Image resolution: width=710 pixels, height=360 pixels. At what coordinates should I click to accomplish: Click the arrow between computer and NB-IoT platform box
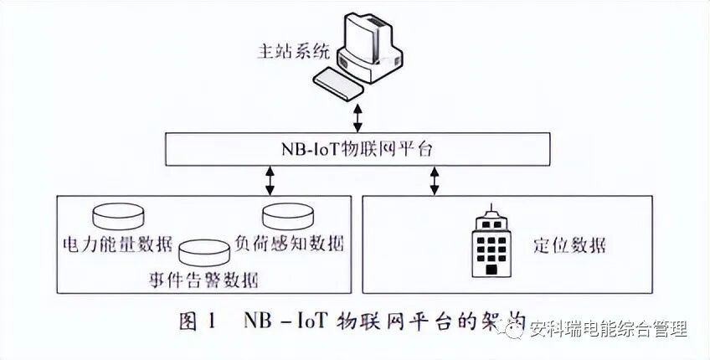(358, 118)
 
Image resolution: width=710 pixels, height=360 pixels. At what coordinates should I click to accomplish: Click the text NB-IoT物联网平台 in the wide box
(355, 150)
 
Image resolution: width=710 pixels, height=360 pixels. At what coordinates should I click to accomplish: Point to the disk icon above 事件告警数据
(204, 251)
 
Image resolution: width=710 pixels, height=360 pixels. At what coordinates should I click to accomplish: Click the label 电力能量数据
(117, 245)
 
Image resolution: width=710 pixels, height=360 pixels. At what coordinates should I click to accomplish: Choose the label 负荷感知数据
(291, 244)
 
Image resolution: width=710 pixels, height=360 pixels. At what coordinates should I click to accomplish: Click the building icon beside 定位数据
(491, 243)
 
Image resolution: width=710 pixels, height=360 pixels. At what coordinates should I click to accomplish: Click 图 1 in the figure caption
(198, 321)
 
